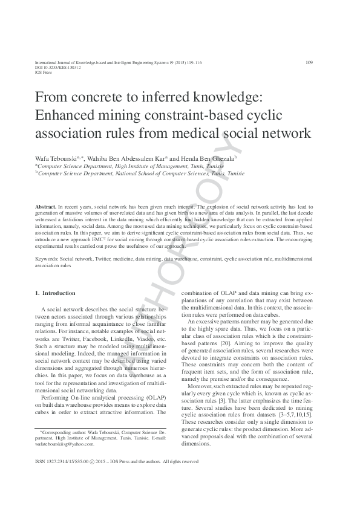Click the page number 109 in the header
pos(309,62)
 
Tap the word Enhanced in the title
pos(67,115)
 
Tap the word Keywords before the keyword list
pos(47,259)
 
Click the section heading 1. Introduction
pos(55,293)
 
